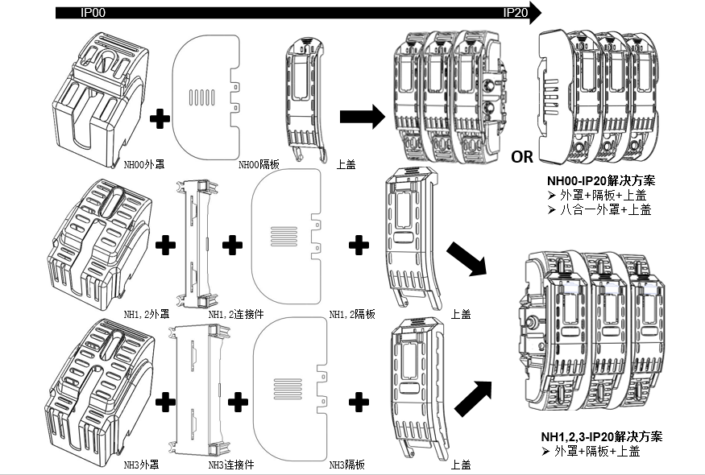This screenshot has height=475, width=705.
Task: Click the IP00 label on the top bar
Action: pyautogui.click(x=93, y=13)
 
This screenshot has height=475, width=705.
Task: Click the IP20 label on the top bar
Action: pyautogui.click(x=516, y=13)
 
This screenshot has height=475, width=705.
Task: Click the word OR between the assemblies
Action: pyautogui.click(x=522, y=155)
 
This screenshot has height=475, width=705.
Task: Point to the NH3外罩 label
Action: pyautogui.click(x=141, y=465)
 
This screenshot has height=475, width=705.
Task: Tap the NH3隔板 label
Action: pyautogui.click(x=347, y=465)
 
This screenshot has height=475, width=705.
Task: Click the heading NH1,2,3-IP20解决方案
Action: pyautogui.click(x=602, y=436)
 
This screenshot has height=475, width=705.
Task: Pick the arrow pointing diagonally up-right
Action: pyautogui.click(x=472, y=399)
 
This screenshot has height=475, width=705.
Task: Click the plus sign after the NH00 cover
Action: pyautogui.click(x=161, y=120)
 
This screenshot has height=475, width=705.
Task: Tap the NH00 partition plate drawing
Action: pyautogui.click(x=208, y=96)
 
